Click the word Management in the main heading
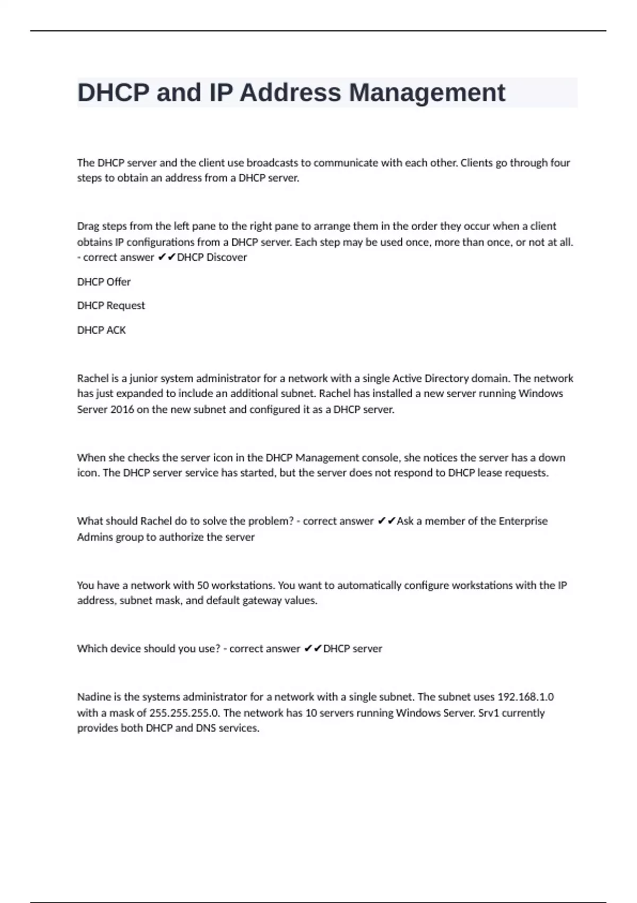click(x=427, y=93)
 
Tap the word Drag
click(x=88, y=226)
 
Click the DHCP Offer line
click(x=104, y=282)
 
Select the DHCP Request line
click(x=110, y=305)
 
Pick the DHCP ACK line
click(x=101, y=330)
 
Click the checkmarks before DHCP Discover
click(x=167, y=257)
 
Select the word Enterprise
click(x=523, y=521)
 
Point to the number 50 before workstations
click(x=203, y=585)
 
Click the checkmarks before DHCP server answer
click(x=313, y=649)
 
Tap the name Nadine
click(x=93, y=697)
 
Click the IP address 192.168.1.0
click(x=525, y=697)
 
